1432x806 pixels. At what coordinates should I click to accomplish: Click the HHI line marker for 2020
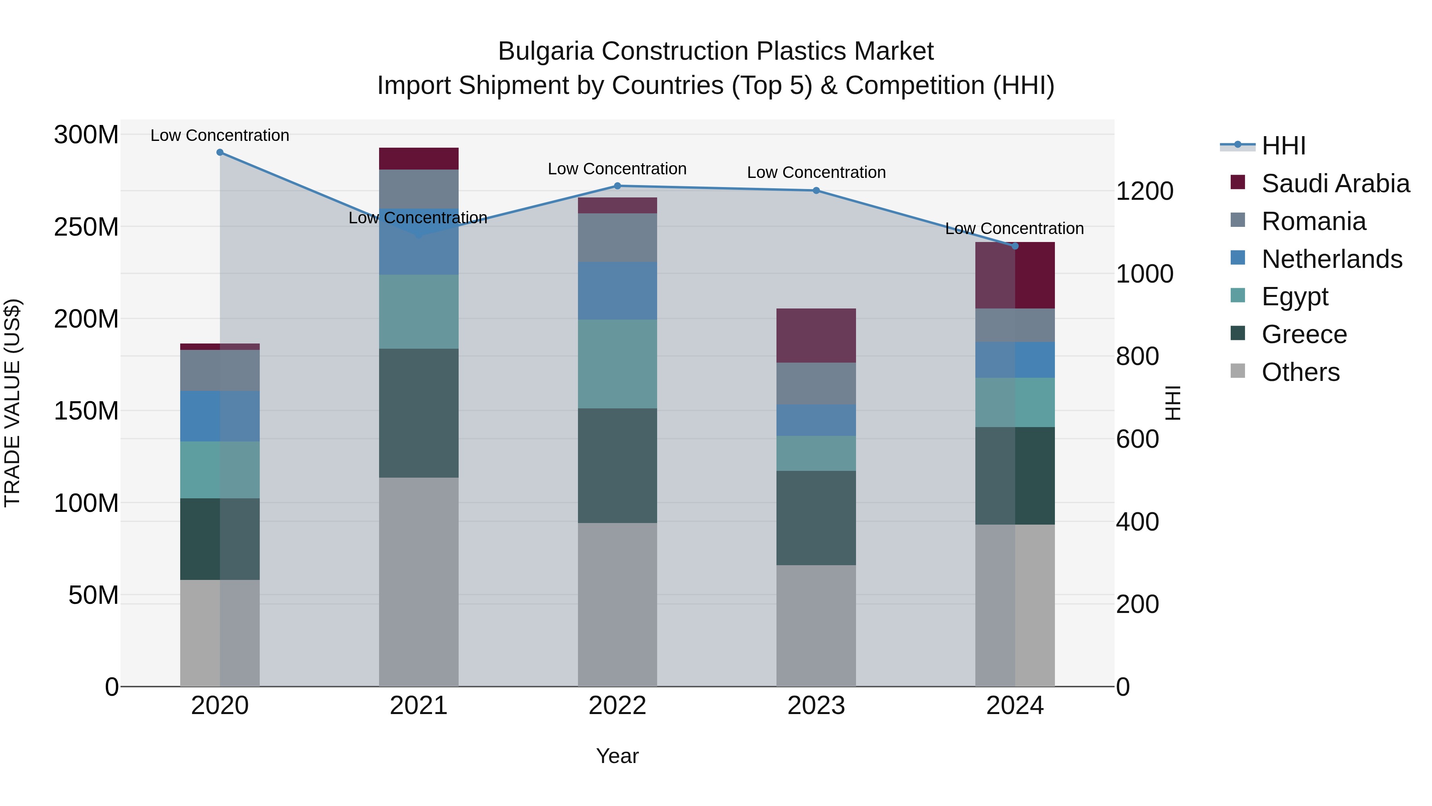point(220,152)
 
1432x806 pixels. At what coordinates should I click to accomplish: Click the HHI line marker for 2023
point(816,191)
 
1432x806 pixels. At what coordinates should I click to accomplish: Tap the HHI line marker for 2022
point(617,186)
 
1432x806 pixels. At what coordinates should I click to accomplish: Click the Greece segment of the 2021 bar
point(418,413)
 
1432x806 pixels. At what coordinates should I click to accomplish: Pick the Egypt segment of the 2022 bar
point(617,364)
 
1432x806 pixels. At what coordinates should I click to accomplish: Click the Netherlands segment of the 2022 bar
point(617,291)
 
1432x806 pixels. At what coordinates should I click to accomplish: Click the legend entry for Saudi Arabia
point(1335,183)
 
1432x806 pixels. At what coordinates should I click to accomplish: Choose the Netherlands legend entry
point(1331,259)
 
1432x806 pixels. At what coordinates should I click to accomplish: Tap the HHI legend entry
point(1283,146)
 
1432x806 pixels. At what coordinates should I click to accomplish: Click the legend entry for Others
point(1300,372)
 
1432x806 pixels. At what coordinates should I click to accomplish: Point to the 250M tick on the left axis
point(86,227)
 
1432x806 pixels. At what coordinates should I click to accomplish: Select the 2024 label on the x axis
point(1014,706)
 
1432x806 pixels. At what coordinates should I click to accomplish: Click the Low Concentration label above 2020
point(220,135)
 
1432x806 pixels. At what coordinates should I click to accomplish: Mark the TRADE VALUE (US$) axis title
point(12,403)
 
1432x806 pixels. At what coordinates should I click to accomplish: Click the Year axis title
point(617,756)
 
